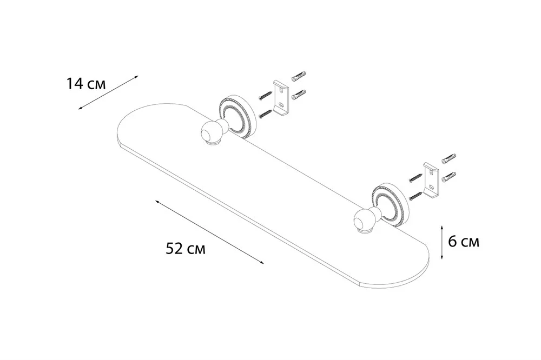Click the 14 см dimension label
(86, 84)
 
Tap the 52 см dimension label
(186, 248)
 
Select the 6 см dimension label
(464, 242)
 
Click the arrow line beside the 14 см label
(108, 92)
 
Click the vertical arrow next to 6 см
(442, 242)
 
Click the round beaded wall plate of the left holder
(237, 117)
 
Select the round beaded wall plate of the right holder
(391, 205)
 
